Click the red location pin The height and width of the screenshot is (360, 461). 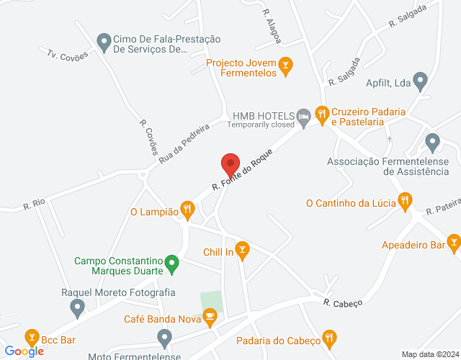coord(230,165)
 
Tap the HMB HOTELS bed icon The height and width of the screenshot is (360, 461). coord(305,117)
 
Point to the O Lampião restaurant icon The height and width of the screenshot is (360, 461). coord(187,211)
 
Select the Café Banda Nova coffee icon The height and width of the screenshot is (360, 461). coord(210,315)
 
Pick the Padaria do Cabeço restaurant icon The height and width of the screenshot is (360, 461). coord(330,336)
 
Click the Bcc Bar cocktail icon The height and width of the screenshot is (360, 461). coord(32,337)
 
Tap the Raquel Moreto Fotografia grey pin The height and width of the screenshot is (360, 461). coord(77,308)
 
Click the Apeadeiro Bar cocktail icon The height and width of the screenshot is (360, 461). coord(453,241)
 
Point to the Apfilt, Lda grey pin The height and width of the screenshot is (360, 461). coord(421,83)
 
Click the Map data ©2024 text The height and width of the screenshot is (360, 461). coord(429,354)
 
